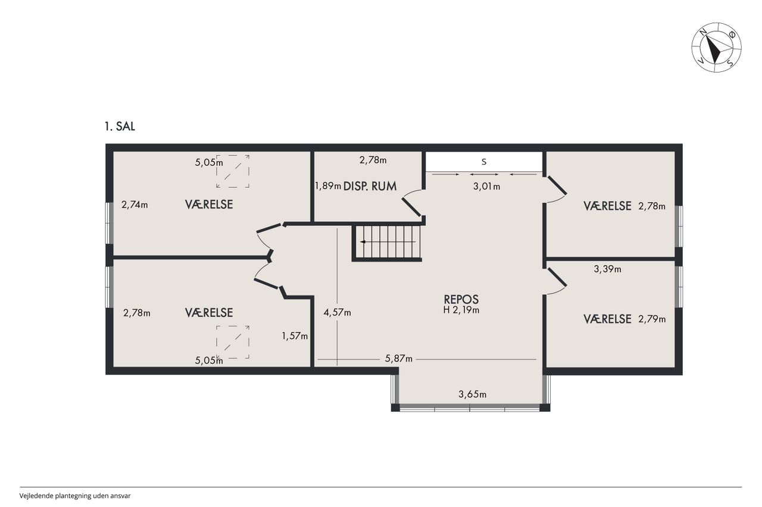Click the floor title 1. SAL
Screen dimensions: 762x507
click(120, 127)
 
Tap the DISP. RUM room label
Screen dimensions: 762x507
click(370, 186)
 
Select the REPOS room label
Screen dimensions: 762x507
click(461, 299)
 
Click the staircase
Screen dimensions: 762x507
click(388, 242)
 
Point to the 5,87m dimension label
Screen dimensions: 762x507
click(398, 358)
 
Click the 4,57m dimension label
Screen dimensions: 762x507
click(337, 313)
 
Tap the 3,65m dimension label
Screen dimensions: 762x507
click(472, 394)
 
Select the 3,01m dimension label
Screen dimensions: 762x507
click(486, 187)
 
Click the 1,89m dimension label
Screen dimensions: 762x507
click(328, 186)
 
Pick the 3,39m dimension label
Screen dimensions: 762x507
click(607, 269)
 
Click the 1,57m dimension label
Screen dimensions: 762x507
click(295, 336)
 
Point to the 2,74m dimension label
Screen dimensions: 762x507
click(135, 205)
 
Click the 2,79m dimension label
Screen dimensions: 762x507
click(652, 319)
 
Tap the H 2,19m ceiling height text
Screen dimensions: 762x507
click(461, 310)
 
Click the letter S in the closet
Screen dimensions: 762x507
click(484, 162)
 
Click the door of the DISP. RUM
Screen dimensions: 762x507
click(411, 207)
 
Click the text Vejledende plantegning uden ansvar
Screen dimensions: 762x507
click(75, 496)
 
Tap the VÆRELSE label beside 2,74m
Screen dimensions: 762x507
click(209, 204)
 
